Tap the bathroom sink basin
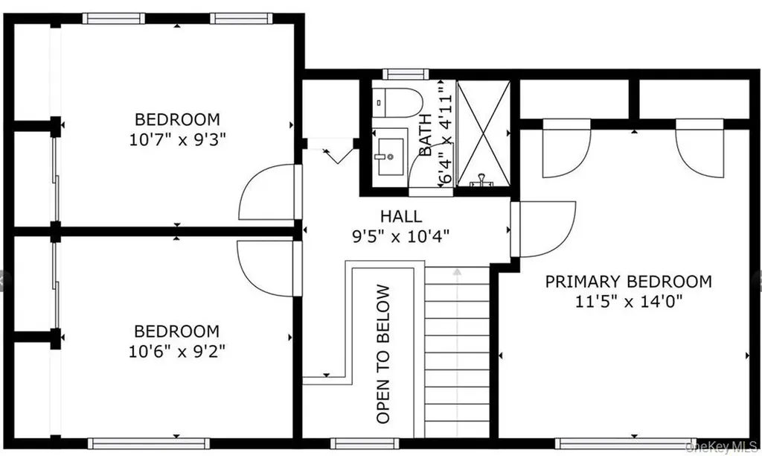(391, 156)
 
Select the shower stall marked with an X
(484, 133)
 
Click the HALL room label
(401, 215)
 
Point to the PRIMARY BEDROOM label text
(628, 282)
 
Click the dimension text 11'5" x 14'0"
(629, 302)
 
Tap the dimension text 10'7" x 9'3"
(177, 140)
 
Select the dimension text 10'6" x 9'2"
(177, 351)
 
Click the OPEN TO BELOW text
(383, 354)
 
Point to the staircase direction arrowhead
(457, 271)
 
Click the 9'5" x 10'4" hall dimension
(400, 236)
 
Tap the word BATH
(425, 135)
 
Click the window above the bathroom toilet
(406, 74)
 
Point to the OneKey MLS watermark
(721, 447)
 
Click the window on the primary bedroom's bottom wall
(625, 443)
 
